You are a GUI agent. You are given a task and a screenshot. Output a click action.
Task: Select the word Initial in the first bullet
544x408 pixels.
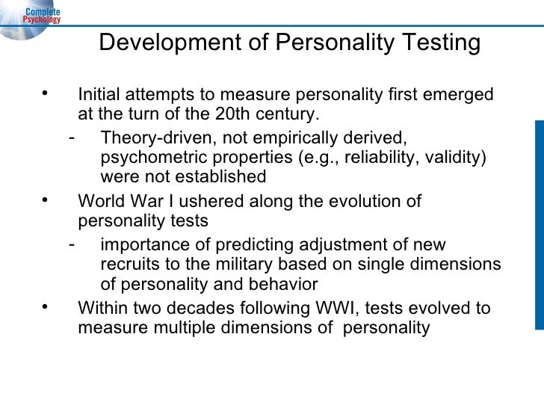coord(102,96)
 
